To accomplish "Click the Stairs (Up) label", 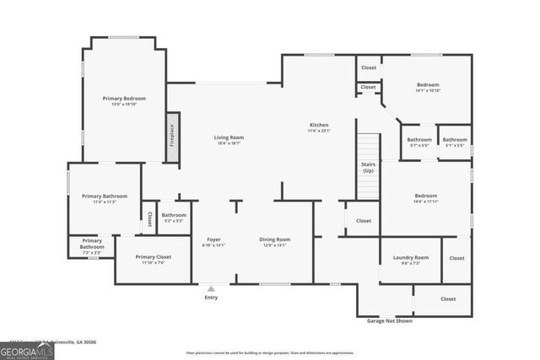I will pos(368,168).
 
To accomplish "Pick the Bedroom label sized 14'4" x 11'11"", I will pos(425,198).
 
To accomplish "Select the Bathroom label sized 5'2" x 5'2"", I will pos(174,217).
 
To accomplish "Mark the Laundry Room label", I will pos(410,259).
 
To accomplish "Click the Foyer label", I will pos(214,242).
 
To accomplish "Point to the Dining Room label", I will pos(274,242).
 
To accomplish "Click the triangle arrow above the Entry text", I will pos(211,289).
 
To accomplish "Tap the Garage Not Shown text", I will pos(389,321).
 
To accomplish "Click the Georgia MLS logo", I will pos(26,349).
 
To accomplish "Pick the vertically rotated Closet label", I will pos(149,219).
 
